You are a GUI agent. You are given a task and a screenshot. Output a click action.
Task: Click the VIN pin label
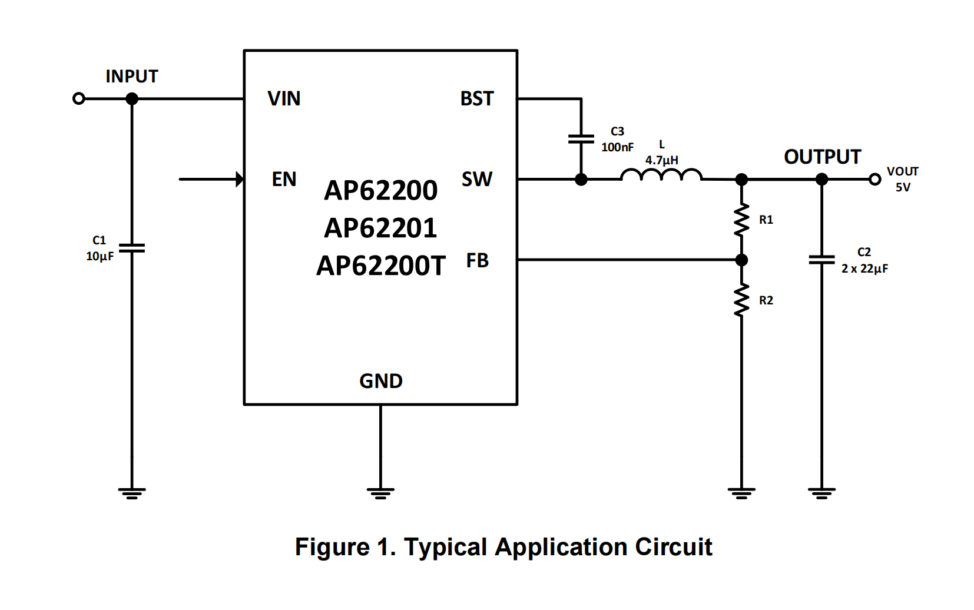click(284, 98)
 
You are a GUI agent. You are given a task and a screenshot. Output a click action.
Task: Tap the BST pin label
click(476, 98)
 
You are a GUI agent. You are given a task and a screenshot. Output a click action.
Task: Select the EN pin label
click(284, 179)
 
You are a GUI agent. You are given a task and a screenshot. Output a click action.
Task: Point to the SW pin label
click(476, 179)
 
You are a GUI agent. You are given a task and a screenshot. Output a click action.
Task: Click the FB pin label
click(477, 260)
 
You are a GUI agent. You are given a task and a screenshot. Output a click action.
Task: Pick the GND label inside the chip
click(380, 381)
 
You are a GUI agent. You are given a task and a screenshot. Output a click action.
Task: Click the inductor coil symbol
click(661, 175)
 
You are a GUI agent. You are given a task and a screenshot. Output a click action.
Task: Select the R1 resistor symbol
click(741, 220)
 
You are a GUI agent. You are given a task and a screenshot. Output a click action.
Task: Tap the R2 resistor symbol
click(741, 300)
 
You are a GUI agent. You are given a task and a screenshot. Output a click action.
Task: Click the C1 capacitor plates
click(131, 248)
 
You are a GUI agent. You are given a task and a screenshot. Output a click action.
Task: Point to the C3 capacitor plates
click(581, 139)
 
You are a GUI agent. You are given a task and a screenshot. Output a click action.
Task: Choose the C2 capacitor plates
click(821, 259)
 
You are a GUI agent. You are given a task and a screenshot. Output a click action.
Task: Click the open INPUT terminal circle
click(79, 98)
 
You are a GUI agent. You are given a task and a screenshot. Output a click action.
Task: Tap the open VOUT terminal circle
click(875, 179)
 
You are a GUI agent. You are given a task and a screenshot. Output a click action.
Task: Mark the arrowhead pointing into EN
click(240, 179)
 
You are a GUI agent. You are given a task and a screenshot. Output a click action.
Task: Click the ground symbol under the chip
click(380, 492)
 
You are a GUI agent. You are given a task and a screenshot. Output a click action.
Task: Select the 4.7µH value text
click(661, 160)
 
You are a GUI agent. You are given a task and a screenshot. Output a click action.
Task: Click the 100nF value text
click(617, 147)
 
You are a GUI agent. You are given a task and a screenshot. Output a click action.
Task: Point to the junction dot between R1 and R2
click(741, 260)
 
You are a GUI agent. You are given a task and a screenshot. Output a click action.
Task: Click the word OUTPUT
click(822, 157)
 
